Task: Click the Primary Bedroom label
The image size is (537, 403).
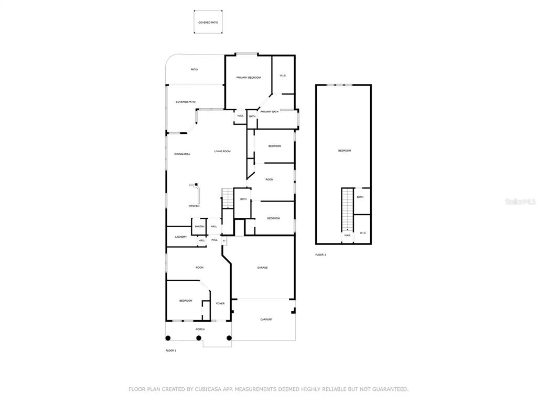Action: pyautogui.click(x=249, y=78)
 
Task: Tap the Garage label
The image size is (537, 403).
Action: pyautogui.click(x=262, y=268)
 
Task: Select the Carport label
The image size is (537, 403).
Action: pyautogui.click(x=266, y=319)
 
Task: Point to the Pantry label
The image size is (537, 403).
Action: pyautogui.click(x=199, y=227)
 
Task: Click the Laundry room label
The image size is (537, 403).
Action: pyautogui.click(x=180, y=237)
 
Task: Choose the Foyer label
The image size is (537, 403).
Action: pyautogui.click(x=220, y=303)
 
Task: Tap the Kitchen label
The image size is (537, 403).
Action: pyautogui.click(x=194, y=206)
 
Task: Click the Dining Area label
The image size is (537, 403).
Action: pyautogui.click(x=182, y=154)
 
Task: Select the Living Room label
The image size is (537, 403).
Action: pyautogui.click(x=222, y=152)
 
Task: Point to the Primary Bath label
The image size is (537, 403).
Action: pyautogui.click(x=270, y=112)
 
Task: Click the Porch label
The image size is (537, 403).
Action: pyautogui.click(x=200, y=329)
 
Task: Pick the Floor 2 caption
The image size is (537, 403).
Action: pyautogui.click(x=320, y=254)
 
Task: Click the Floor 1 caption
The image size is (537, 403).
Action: pyautogui.click(x=171, y=350)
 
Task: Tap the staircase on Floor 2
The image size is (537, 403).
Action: pyautogui.click(x=348, y=210)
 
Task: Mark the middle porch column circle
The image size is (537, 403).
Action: pyautogui.click(x=199, y=338)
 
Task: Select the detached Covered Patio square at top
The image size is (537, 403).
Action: pyautogui.click(x=208, y=23)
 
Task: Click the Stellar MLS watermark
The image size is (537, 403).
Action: pyautogui.click(x=520, y=201)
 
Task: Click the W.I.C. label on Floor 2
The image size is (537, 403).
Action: pyautogui.click(x=363, y=233)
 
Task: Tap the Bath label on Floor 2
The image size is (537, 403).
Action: pyautogui.click(x=360, y=197)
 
